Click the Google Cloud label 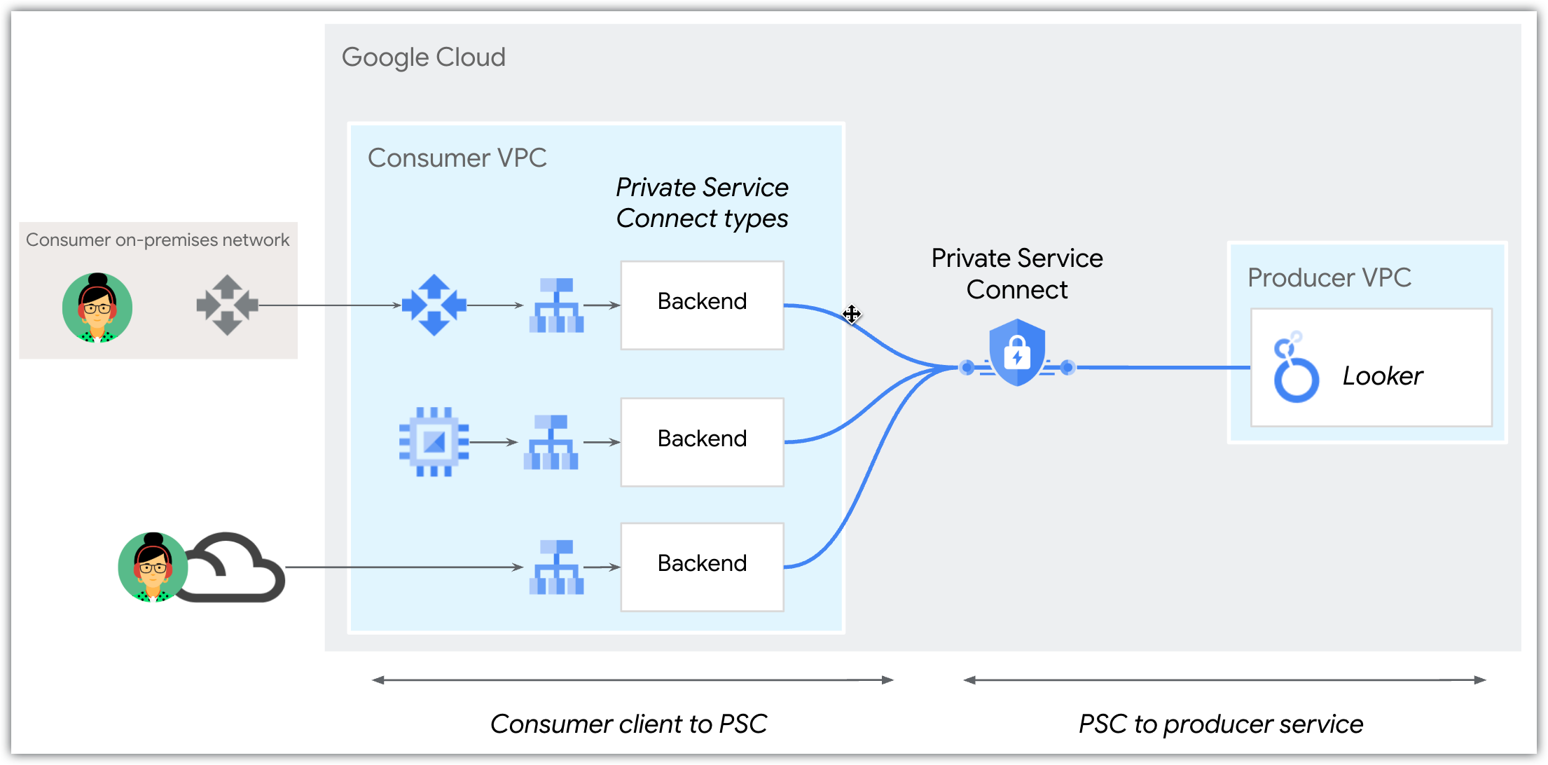click(x=423, y=57)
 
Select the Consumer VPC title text click(x=457, y=158)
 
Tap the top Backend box click(x=702, y=305)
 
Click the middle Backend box click(x=702, y=442)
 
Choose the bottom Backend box click(x=702, y=567)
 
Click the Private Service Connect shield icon click(x=1017, y=352)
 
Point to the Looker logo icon click(x=1295, y=368)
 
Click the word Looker click(x=1382, y=376)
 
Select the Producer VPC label click(x=1329, y=278)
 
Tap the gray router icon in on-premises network click(x=227, y=305)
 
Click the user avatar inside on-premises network click(x=97, y=308)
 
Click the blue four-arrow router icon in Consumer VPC click(x=434, y=305)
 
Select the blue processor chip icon click(x=434, y=442)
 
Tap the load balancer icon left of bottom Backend click(x=556, y=567)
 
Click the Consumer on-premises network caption click(x=158, y=240)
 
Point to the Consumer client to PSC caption click(x=628, y=724)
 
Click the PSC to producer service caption click(x=1220, y=724)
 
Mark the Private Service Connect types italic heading click(x=702, y=203)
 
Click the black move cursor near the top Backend click(x=851, y=314)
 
